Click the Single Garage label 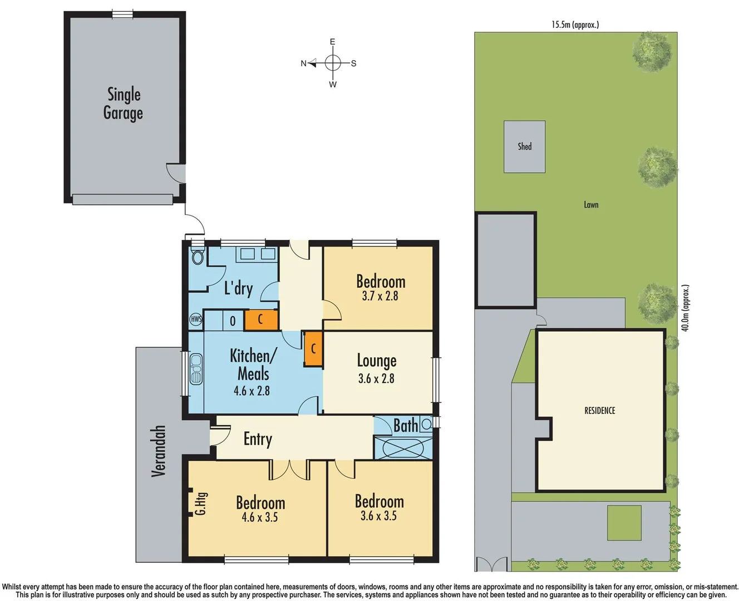[x=123, y=104]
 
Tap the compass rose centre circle [x=333, y=63]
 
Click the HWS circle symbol [x=196, y=319]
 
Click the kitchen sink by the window [x=196, y=369]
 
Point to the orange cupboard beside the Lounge [x=313, y=349]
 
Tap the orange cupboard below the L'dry [x=260, y=320]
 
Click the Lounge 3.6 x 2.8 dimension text [x=376, y=379]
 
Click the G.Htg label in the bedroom [x=200, y=503]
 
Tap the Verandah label [x=159, y=451]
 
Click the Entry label [x=258, y=439]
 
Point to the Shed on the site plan [x=524, y=147]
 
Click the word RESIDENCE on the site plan [x=599, y=411]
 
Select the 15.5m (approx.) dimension [x=575, y=24]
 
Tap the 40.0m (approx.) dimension [x=685, y=308]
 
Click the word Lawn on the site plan [x=591, y=205]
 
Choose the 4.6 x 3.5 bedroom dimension [x=259, y=518]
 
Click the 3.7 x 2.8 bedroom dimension [x=380, y=296]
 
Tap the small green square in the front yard [x=624, y=523]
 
